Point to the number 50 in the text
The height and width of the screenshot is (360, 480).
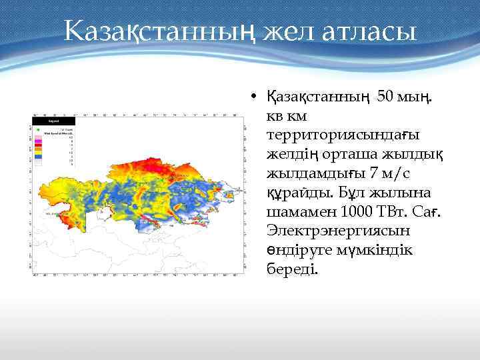click(x=387, y=97)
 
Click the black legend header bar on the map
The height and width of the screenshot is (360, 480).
click(x=54, y=121)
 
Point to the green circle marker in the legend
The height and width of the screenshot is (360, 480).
click(x=38, y=129)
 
